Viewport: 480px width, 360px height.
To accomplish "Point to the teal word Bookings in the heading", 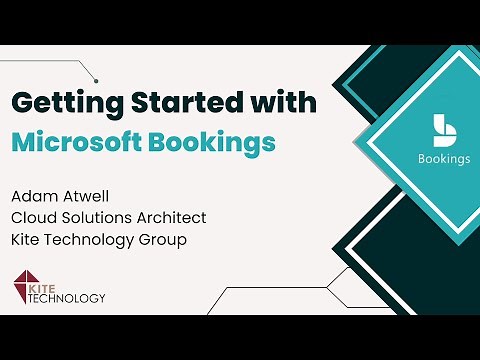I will pos(216,142).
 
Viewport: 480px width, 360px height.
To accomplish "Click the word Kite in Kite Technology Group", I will pos(26,241).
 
